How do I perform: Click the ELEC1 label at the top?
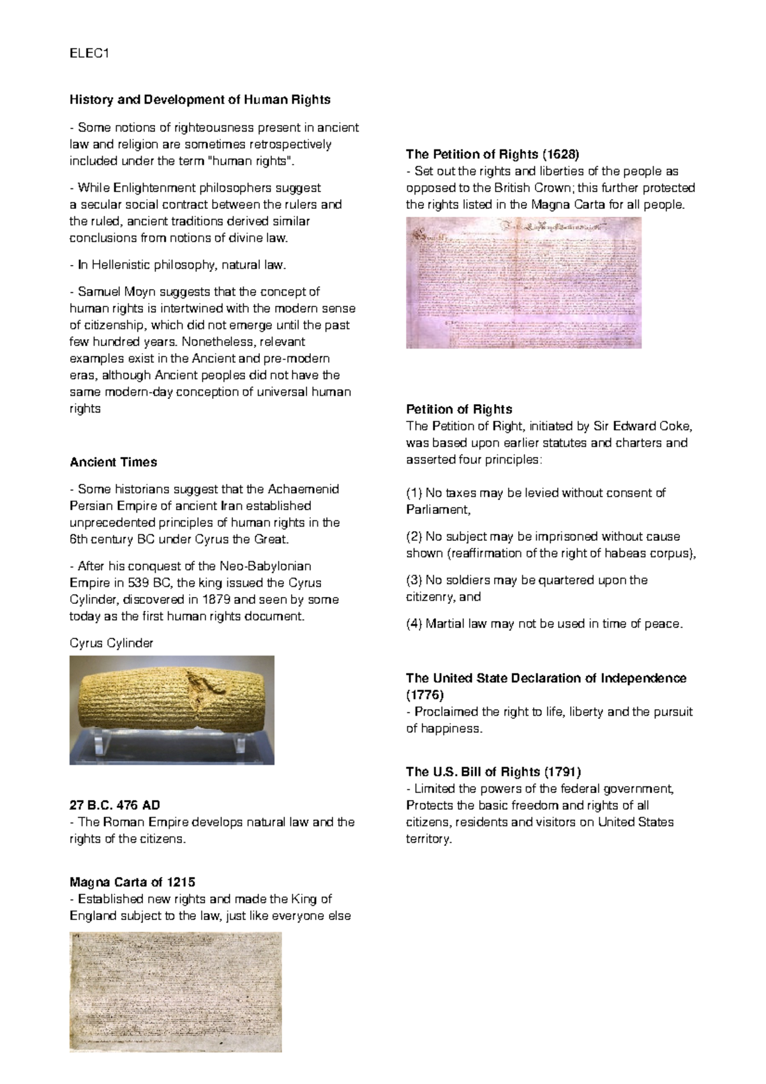(89, 54)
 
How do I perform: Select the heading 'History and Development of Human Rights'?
(200, 100)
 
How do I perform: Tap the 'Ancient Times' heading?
(113, 462)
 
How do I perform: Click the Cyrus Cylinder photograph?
(172, 710)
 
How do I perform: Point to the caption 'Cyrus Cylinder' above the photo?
(111, 643)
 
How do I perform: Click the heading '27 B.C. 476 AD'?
(114, 805)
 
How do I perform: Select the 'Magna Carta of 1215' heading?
(132, 882)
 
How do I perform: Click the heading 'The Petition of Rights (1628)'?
(492, 154)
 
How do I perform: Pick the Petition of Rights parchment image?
(523, 283)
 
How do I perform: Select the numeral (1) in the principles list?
(414, 493)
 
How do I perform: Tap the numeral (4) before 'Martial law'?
(414, 624)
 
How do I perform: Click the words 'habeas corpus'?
(652, 553)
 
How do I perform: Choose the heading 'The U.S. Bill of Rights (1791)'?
(493, 771)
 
